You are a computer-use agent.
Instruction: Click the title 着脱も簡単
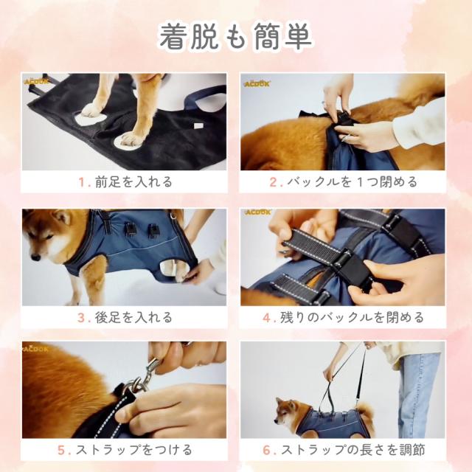[236, 37]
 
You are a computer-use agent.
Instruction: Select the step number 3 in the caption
[81, 318]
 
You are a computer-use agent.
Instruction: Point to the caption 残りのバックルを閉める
[350, 318]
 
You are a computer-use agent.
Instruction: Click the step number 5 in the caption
[61, 449]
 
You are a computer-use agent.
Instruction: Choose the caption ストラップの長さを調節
[351, 449]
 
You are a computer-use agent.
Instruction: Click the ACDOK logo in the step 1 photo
[36, 82]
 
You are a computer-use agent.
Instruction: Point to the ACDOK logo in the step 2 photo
[257, 83]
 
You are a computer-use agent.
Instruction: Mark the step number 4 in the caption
[268, 318]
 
